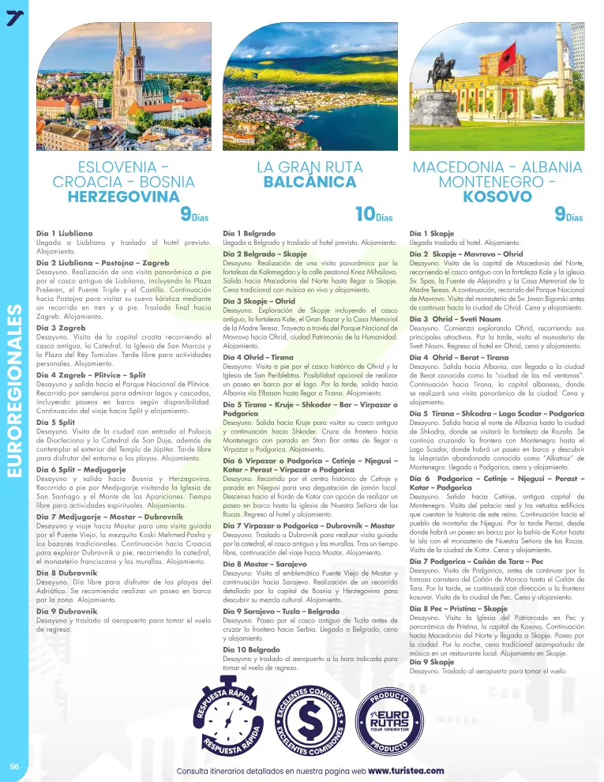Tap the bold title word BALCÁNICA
click(x=310, y=182)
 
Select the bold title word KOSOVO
click(x=497, y=196)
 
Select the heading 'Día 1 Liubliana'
click(x=65, y=234)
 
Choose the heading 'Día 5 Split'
click(x=58, y=423)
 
